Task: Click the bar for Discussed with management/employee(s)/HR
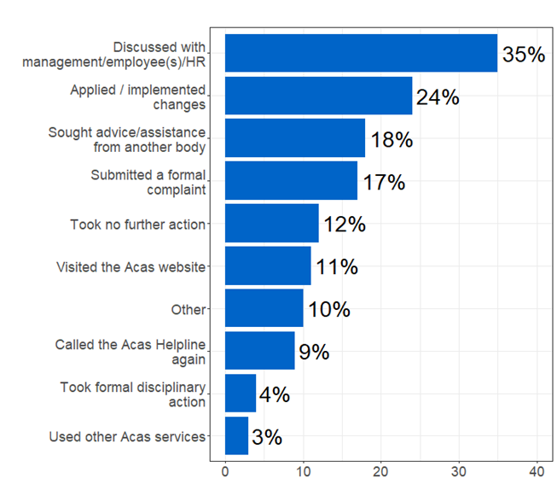pos(361,54)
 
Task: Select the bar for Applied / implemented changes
pos(318,96)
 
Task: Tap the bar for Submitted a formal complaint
pos(291,181)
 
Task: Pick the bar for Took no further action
pos(271,224)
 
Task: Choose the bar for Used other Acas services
pos(236,436)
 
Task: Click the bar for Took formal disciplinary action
pos(241,394)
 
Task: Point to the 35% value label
pos(523,55)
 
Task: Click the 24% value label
pos(438,97)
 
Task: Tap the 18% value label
pos(392,140)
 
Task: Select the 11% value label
pos(337,267)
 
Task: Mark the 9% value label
pos(314,352)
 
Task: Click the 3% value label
pos(267,437)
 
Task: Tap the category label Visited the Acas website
pos(131,267)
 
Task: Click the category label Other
pos(189,309)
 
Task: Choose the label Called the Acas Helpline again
pos(131,352)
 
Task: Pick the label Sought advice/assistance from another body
pos(127,139)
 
